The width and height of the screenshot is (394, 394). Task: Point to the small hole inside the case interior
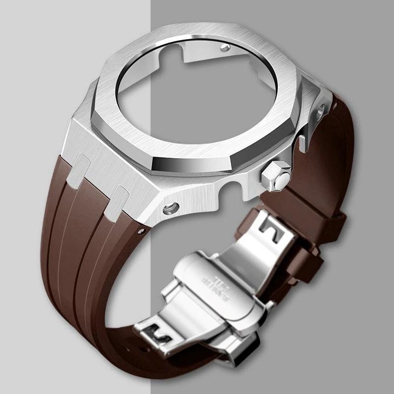tap(226, 48)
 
